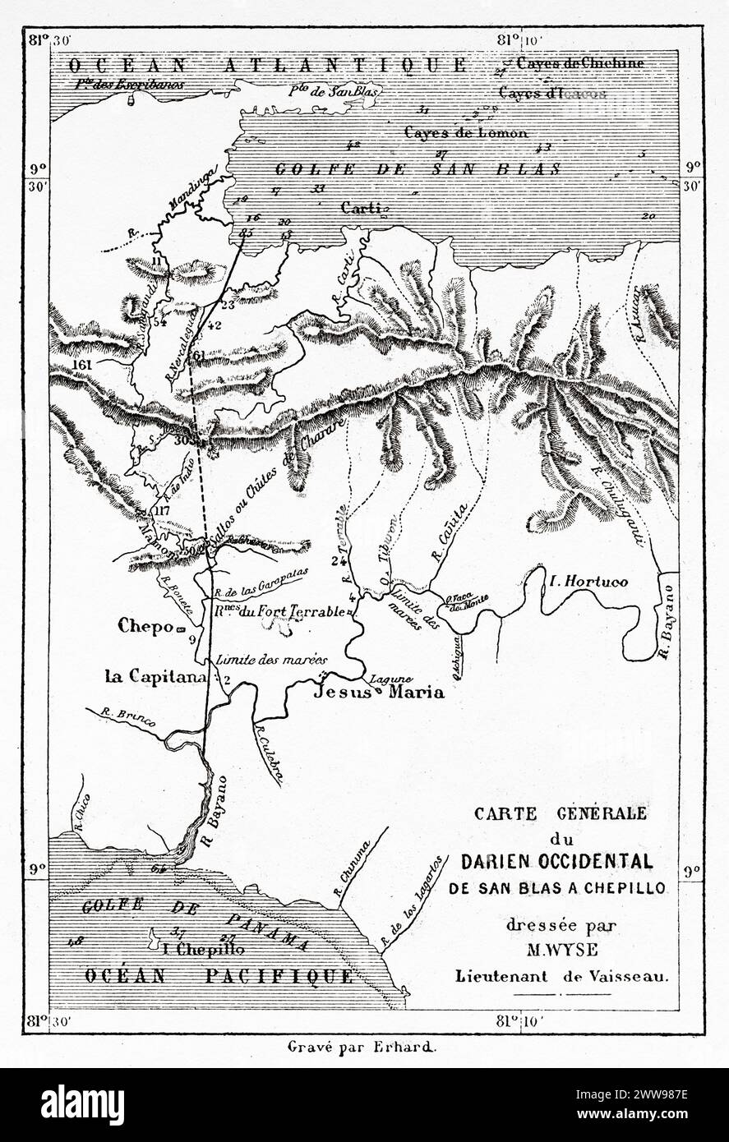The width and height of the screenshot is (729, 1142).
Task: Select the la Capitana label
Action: pos(154,677)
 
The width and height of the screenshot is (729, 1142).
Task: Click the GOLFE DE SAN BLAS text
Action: pos(418,169)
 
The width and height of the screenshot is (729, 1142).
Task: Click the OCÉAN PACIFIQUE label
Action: pos(218,975)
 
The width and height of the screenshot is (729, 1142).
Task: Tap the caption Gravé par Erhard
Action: pos(364,1047)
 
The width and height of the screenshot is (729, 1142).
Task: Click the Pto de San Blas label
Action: pos(333,92)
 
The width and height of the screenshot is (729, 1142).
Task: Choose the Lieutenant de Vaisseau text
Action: pos(563,977)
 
